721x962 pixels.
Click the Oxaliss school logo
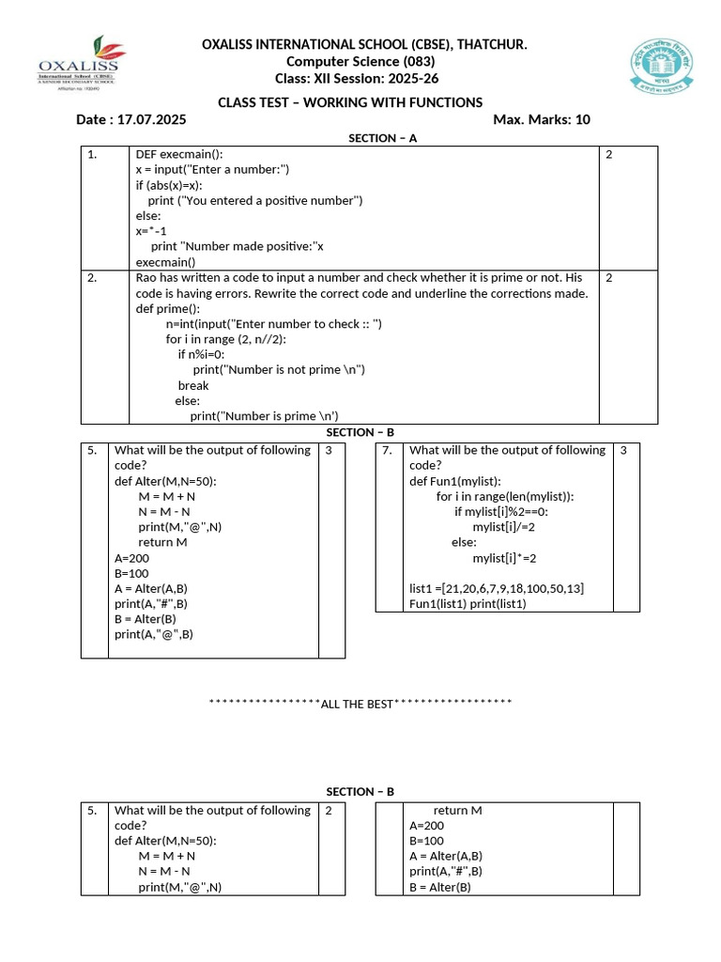pos(78,64)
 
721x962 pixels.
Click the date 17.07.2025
pos(150,119)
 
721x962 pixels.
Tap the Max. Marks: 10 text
pos(541,119)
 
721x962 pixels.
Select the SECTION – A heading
pos(382,138)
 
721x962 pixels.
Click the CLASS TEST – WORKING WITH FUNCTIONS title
pos(350,101)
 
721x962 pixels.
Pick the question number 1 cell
pos(93,155)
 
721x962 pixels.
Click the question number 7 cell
pos(388,450)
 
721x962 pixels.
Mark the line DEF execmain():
pos(179,154)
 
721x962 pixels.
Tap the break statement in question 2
pos(193,385)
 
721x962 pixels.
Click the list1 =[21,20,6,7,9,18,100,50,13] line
pos(497,588)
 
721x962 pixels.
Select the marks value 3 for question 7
pos(622,450)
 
